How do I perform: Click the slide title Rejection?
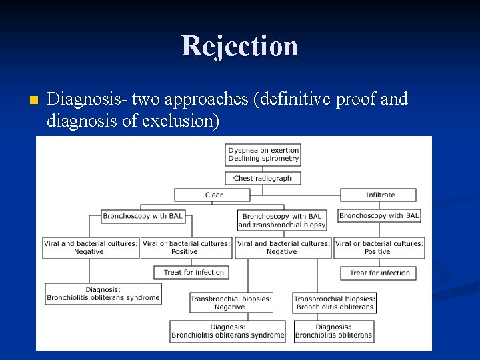tap(239, 46)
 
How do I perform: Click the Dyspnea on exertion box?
tap(263, 155)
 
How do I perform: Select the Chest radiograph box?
tap(263, 178)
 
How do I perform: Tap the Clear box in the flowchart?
tap(213, 195)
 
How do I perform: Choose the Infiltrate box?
tap(379, 195)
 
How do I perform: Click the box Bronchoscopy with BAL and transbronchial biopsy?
tap(282, 221)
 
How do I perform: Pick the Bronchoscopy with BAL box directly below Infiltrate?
tap(379, 215)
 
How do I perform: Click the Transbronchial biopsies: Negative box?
tap(230, 303)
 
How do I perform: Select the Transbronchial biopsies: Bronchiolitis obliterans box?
tap(335, 303)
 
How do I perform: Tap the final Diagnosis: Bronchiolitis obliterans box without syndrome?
tap(335, 331)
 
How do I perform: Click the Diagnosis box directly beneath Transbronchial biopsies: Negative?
tap(228, 331)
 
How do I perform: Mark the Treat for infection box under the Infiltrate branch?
tap(379, 273)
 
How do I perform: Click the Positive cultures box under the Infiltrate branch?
tap(379, 248)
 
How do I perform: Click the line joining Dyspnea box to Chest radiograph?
tap(263, 169)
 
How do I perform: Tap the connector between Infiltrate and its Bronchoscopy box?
tap(379, 205)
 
